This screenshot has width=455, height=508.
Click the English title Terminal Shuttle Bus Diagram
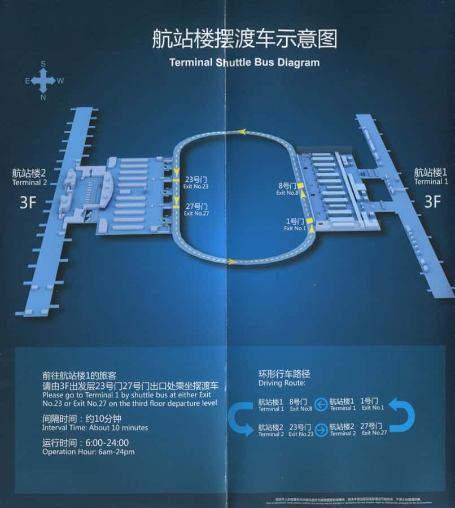pyautogui.click(x=244, y=63)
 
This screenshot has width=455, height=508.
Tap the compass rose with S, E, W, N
pyautogui.click(x=43, y=81)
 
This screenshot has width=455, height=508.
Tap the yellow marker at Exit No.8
pyautogui.click(x=301, y=186)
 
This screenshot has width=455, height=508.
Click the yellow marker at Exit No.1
pyautogui.click(x=309, y=221)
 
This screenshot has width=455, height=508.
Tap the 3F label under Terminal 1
pyautogui.click(x=432, y=202)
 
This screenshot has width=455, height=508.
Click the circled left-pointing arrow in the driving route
pyautogui.click(x=321, y=404)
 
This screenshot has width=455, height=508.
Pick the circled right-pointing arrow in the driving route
pyautogui.click(x=321, y=429)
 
